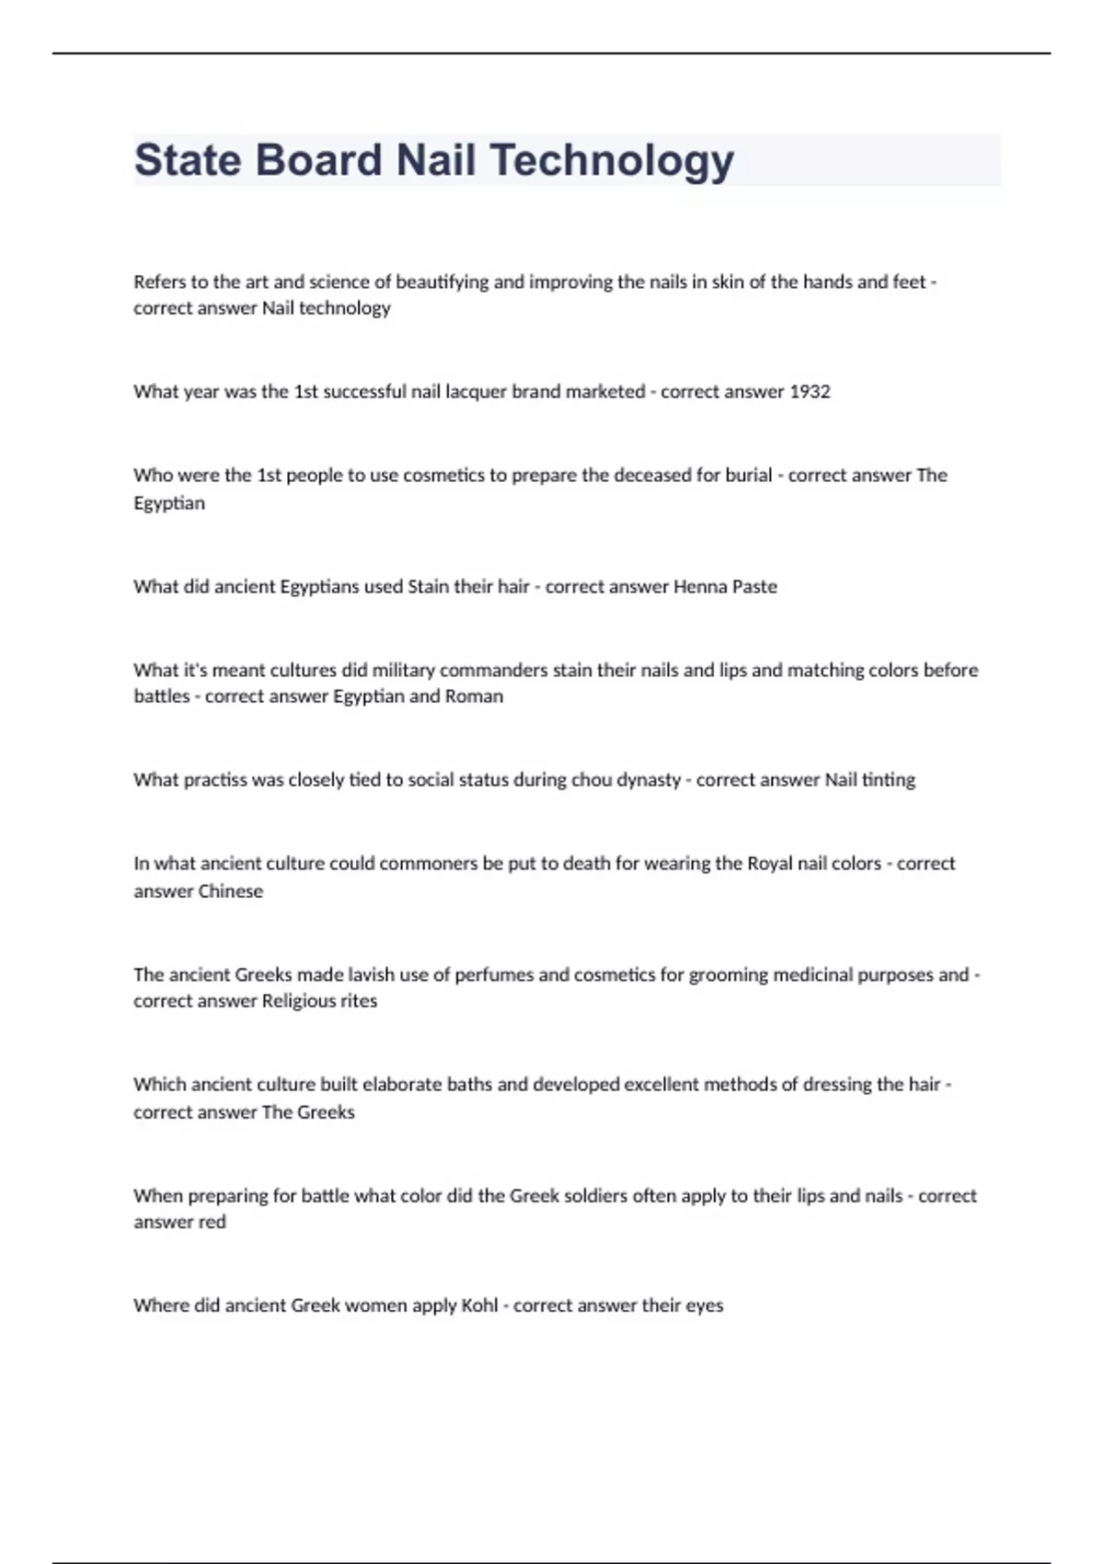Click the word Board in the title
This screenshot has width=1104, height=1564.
tap(318, 160)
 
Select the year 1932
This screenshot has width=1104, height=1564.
tap(810, 392)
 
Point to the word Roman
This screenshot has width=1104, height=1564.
tap(474, 696)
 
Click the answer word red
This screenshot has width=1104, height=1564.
tap(213, 1223)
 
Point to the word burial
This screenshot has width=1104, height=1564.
tap(746, 476)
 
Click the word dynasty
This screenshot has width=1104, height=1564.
tap(650, 780)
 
